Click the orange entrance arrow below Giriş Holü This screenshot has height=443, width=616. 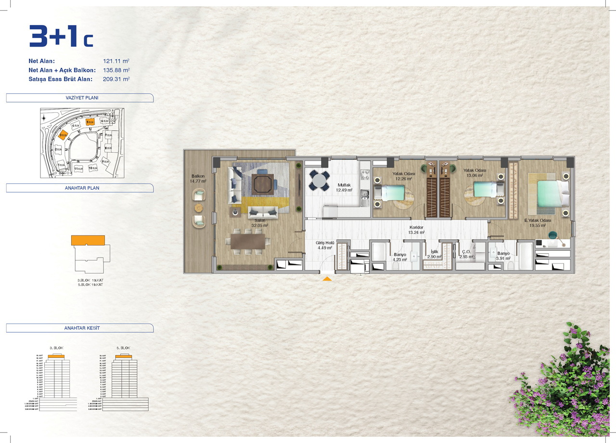[x=327, y=278]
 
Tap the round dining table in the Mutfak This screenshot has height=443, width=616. [x=319, y=181]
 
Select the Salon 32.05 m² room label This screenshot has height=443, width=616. [x=260, y=222]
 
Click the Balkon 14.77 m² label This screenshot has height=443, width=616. [x=198, y=179]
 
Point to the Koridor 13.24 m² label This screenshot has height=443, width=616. [x=416, y=229]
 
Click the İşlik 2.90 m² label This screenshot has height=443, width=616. [x=434, y=254]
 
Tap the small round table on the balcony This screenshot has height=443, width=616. [x=199, y=208]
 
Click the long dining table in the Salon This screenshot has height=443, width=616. [x=248, y=241]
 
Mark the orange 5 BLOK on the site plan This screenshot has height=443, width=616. [x=90, y=122]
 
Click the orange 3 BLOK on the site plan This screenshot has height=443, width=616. [x=63, y=135]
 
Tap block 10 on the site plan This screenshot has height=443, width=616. [x=92, y=168]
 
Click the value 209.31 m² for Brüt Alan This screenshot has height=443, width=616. [x=116, y=79]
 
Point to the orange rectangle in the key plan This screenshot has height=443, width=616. [x=88, y=240]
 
